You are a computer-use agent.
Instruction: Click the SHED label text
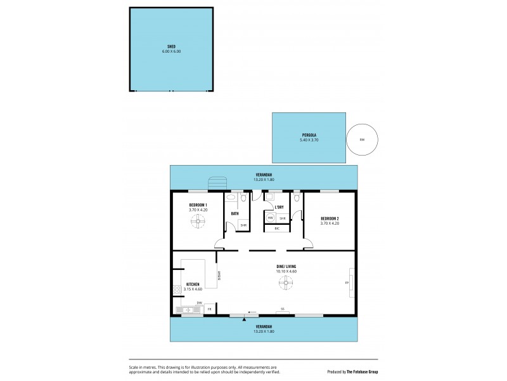[171, 46]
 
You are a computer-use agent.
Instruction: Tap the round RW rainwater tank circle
[362, 139]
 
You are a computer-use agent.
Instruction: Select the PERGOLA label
[309, 135]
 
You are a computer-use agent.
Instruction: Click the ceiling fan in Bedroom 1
[198, 220]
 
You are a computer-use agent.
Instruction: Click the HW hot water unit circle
[270, 218]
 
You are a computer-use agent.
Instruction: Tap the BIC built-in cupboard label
[276, 228]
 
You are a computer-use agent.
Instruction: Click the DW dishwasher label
[199, 303]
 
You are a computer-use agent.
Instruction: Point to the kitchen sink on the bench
[188, 310]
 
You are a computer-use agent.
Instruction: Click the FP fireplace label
[347, 283]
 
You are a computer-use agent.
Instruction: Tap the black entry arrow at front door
[244, 319]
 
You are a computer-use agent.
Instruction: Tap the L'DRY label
[279, 208]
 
